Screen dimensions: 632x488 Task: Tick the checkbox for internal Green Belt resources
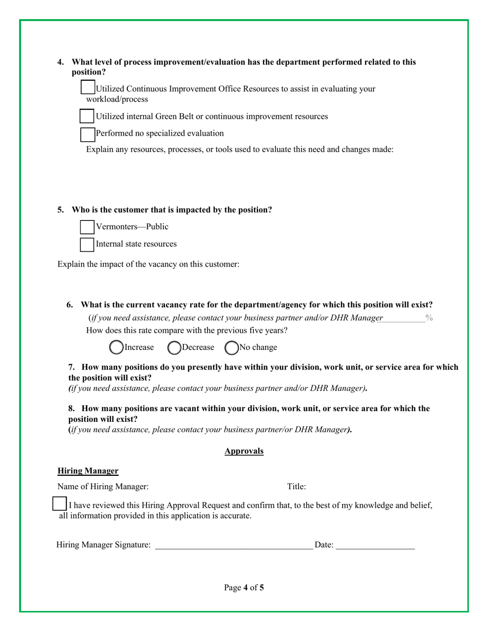pos(87,116)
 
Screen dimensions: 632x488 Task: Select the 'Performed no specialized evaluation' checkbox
pos(88,134)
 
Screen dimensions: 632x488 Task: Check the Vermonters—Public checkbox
pos(87,227)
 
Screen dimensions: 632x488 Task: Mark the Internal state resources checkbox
pos(87,244)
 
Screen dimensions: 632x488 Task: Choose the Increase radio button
pos(117,348)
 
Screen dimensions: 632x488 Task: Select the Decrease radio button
pos(175,348)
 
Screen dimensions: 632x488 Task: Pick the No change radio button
pos(232,348)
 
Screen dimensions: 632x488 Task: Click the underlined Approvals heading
pos(244,451)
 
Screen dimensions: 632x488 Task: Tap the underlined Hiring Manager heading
pos(88,471)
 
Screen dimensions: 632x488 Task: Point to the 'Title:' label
pos(296,486)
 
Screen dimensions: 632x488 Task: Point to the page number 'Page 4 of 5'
pos(244,587)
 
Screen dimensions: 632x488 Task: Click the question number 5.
pos(61,210)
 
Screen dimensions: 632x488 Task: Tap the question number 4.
pos(61,62)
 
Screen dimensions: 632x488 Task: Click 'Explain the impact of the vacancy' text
pos(148,265)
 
